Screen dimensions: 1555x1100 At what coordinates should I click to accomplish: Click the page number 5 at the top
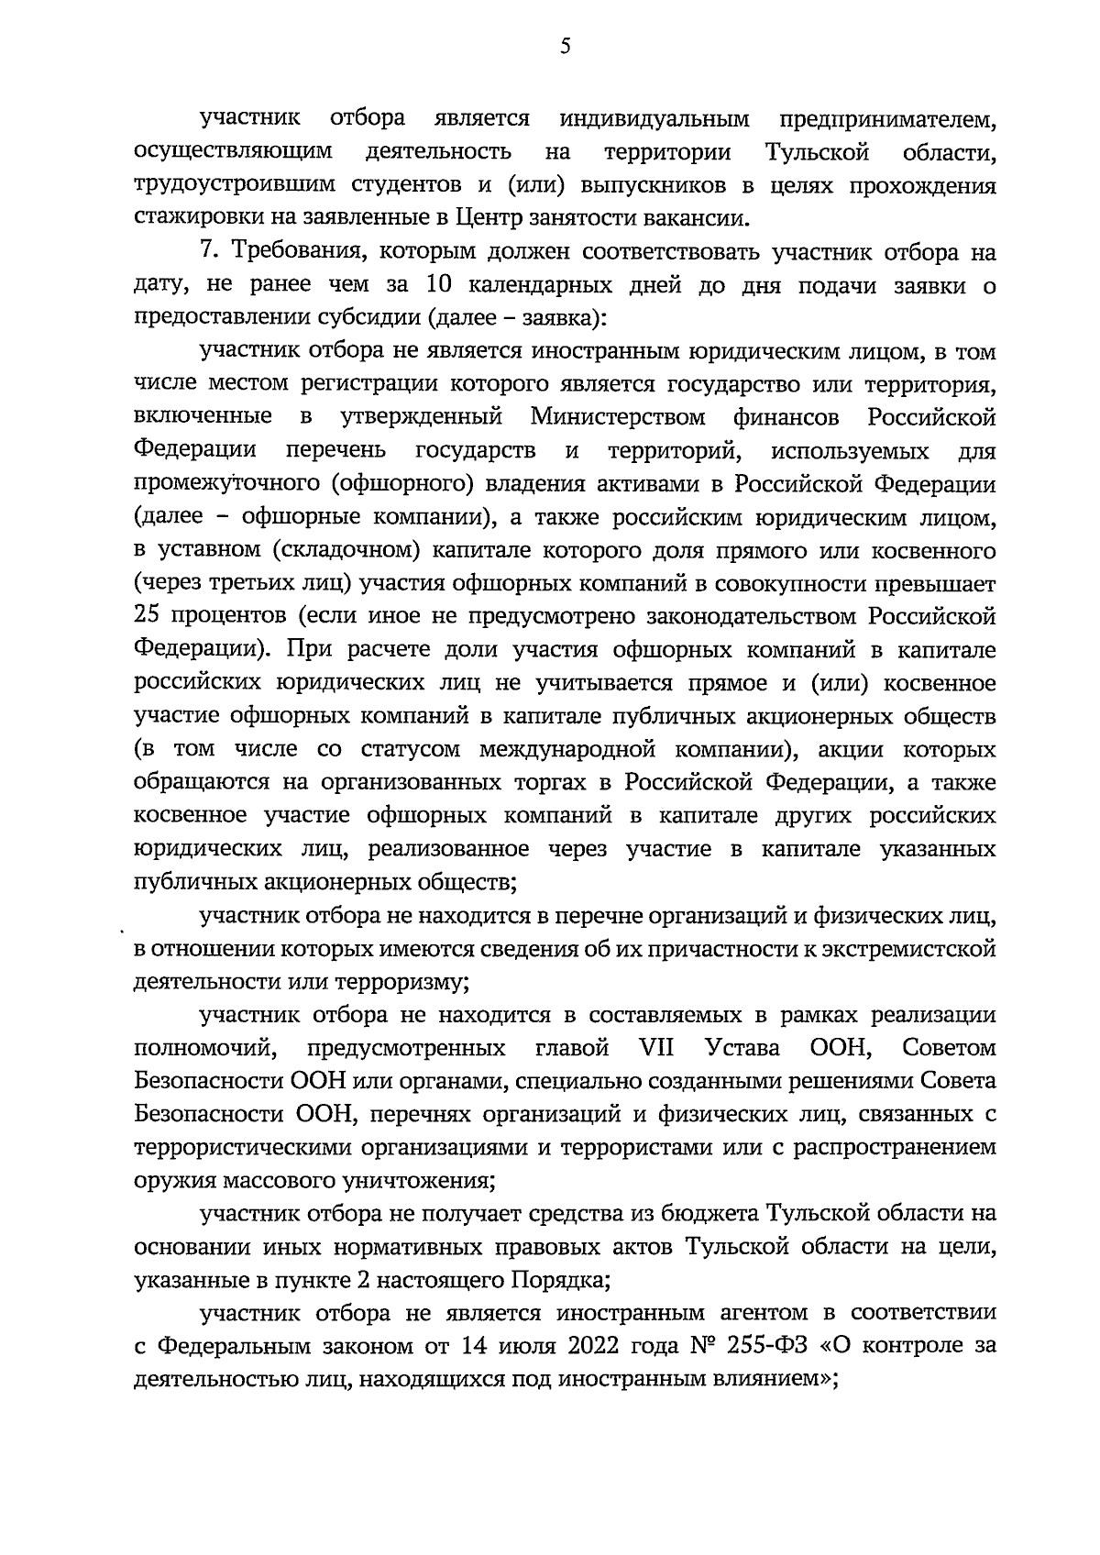click(x=565, y=47)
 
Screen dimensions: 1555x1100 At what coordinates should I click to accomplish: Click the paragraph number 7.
click(x=206, y=252)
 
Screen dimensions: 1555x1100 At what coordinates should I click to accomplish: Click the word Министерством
click(x=617, y=417)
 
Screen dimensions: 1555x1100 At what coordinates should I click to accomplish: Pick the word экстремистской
click(x=897, y=948)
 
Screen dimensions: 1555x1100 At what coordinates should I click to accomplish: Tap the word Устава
click(x=742, y=1048)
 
